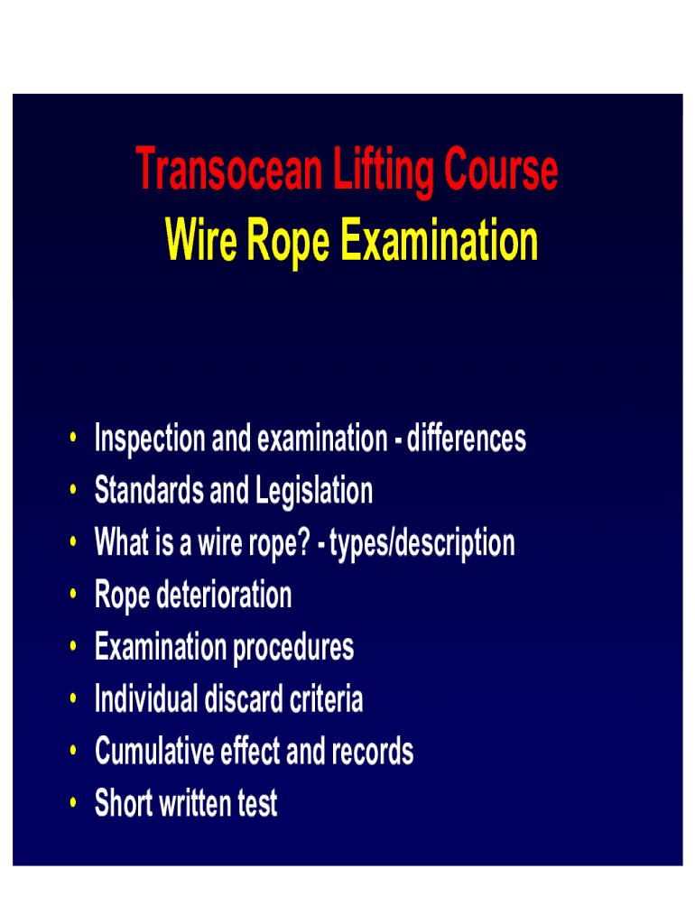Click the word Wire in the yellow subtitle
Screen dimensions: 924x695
pyautogui.click(x=201, y=242)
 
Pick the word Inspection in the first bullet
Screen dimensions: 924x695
pyautogui.click(x=150, y=440)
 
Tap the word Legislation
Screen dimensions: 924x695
pyautogui.click(x=314, y=493)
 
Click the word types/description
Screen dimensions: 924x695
pyautogui.click(x=422, y=544)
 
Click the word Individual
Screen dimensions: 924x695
pyautogui.click(x=145, y=699)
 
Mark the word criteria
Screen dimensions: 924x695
pyautogui.click(x=323, y=699)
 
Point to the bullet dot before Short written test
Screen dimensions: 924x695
pyautogui.click(x=71, y=804)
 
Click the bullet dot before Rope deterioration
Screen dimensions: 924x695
pyautogui.click(x=71, y=596)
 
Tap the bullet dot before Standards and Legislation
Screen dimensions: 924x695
pyautogui.click(x=71, y=492)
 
